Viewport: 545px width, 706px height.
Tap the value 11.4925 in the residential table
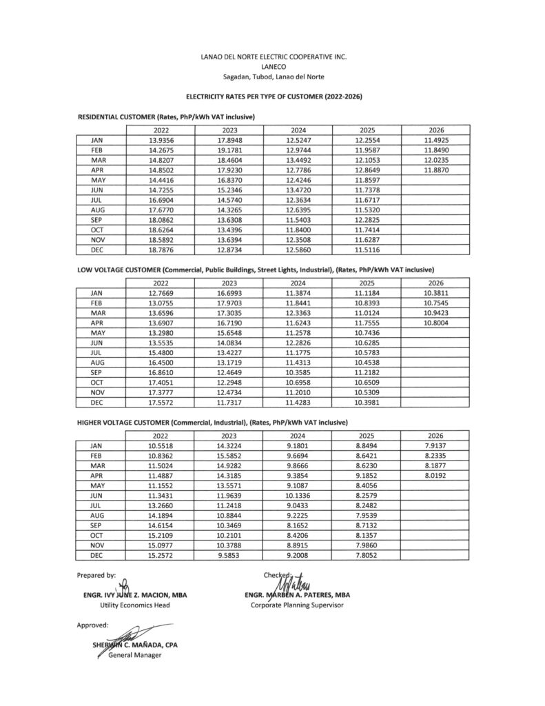[437, 140]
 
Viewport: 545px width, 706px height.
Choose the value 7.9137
[437, 446]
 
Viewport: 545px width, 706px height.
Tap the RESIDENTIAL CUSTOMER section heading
[166, 118]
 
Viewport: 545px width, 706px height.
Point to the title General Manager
[134, 655]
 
